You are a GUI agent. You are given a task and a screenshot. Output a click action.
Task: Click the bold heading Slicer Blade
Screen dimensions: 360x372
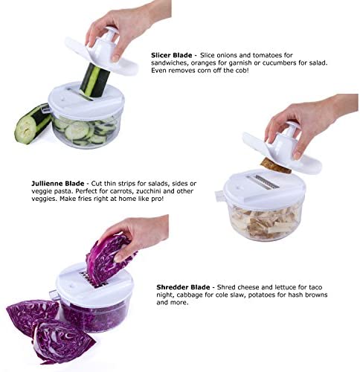(172, 55)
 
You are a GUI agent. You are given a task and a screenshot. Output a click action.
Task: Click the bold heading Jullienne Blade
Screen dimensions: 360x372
(58, 184)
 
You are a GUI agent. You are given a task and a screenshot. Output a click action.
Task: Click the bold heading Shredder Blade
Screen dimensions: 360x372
(183, 287)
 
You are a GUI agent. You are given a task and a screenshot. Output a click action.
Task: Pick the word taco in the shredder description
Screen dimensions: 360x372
(315, 287)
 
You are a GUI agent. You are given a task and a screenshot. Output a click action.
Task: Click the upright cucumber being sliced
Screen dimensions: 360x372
(93, 81)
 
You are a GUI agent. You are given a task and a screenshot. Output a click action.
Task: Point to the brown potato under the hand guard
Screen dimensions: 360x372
(276, 166)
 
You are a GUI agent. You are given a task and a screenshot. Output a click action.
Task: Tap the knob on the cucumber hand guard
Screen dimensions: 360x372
(110, 33)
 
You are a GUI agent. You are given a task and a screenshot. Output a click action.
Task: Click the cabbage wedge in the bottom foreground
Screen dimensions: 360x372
(63, 341)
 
